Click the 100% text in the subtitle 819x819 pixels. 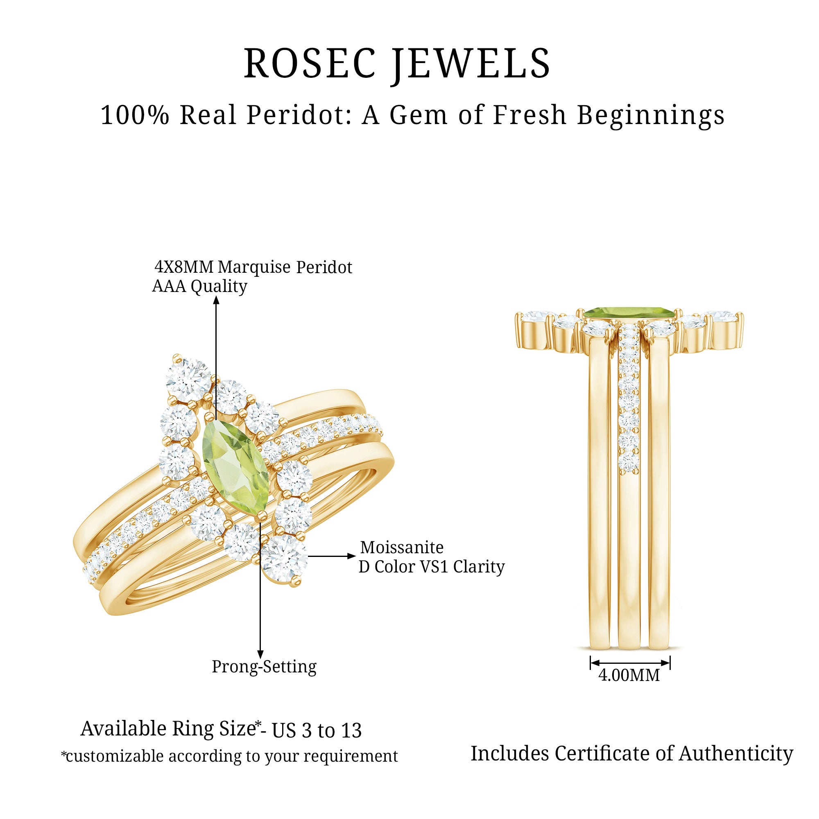click(135, 115)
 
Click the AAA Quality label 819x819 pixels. click(199, 287)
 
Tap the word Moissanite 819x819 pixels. click(402, 548)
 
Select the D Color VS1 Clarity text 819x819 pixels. click(432, 567)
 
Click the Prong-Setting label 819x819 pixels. click(264, 667)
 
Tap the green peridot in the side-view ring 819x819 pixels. click(629, 314)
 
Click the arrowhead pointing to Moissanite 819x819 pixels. click(350, 556)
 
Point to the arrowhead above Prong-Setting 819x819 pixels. click(260, 654)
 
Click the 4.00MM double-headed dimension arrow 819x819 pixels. click(630, 662)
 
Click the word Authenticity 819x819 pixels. click(735, 754)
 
